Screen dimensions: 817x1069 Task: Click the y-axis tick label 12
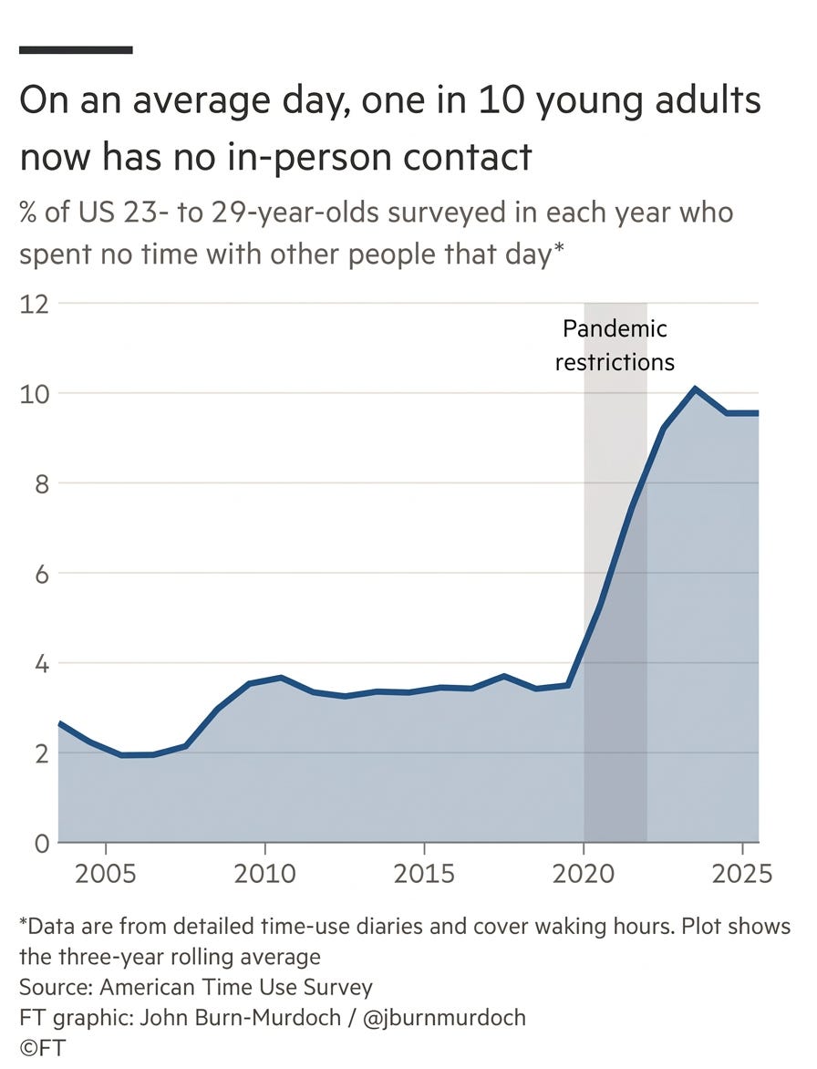coord(34,304)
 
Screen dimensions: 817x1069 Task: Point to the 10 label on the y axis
coord(34,394)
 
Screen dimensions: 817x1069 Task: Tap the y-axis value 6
coord(42,575)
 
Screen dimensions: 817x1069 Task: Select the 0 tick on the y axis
coord(42,844)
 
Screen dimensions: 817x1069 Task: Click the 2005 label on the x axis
coord(106,874)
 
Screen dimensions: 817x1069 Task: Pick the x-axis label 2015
coord(424,874)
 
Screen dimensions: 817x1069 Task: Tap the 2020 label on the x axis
coord(584,874)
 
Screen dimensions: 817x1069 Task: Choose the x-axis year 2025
coord(742,874)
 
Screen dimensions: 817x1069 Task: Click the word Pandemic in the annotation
coord(615,329)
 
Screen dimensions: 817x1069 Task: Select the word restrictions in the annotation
coord(615,363)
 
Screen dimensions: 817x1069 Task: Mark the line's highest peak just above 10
coord(695,389)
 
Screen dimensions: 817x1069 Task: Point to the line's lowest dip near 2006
coord(123,754)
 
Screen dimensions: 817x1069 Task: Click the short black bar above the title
coord(76,50)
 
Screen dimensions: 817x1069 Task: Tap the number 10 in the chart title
coord(501,100)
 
